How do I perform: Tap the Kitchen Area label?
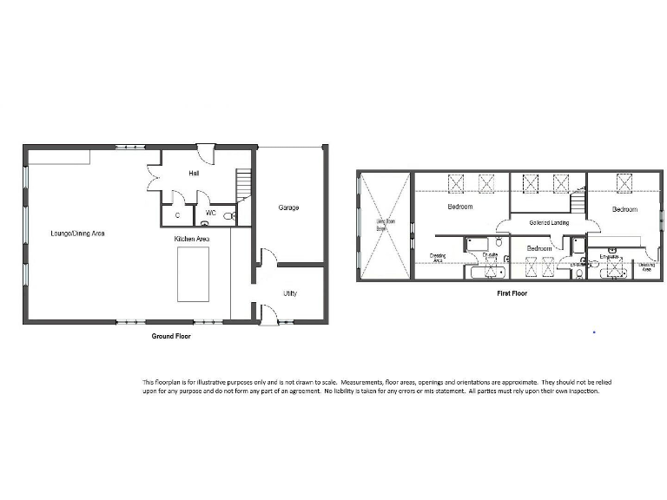(x=191, y=238)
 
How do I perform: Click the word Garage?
(x=288, y=207)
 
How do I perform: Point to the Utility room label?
(x=289, y=293)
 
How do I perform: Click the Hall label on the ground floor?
(x=195, y=174)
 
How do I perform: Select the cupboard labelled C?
(x=177, y=214)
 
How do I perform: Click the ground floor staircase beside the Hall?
(x=243, y=183)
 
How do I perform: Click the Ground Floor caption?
(x=171, y=336)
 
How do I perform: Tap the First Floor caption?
(x=512, y=293)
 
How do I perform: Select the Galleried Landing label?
(x=548, y=223)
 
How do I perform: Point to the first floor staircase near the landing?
(x=577, y=205)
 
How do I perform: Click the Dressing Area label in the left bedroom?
(x=438, y=258)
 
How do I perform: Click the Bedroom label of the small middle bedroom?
(x=538, y=248)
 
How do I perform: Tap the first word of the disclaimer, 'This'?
(x=149, y=382)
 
